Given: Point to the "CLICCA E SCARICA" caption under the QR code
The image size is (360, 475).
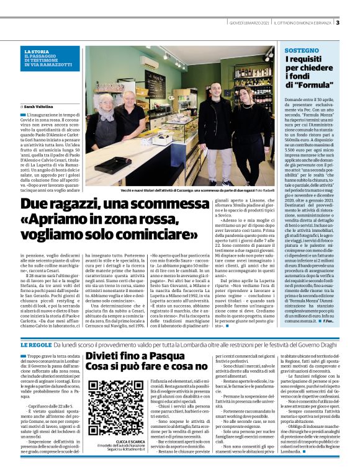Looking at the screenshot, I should pyautogui.click(x=112, y=441).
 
